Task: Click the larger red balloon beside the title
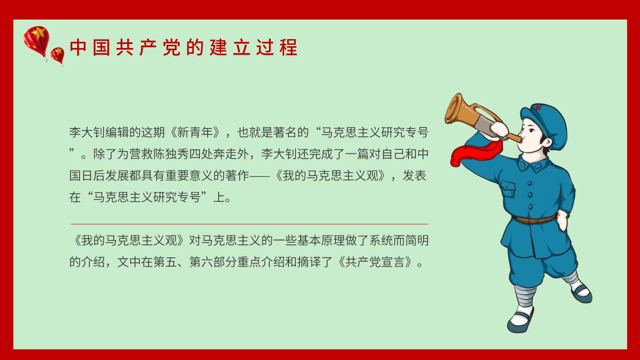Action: (x=36, y=41)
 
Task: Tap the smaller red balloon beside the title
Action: (x=57, y=55)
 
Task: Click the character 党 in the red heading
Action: (x=172, y=48)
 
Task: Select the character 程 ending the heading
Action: (x=288, y=48)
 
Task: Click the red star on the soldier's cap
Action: (x=538, y=108)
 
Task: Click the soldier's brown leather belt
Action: (x=534, y=219)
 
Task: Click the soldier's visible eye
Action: (x=531, y=131)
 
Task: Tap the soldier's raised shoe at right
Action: (x=581, y=293)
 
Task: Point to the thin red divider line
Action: (x=249, y=224)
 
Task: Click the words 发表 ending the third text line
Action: (x=414, y=176)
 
